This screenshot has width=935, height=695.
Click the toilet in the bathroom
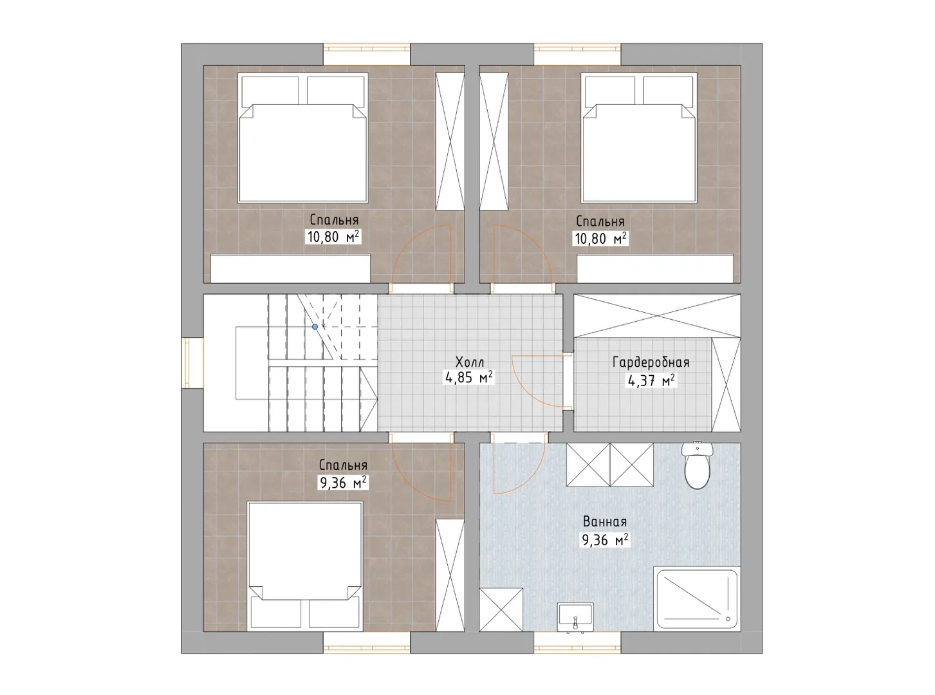698,465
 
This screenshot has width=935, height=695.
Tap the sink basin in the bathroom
575,617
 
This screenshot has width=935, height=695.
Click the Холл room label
470,362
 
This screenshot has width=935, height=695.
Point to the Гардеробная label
651,362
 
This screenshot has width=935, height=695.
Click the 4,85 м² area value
469,378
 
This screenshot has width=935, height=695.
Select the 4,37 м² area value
651,381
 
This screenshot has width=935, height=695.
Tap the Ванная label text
605,522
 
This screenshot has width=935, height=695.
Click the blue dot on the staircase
315,327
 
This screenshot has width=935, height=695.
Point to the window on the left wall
192,363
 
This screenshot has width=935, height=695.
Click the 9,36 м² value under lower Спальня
343,483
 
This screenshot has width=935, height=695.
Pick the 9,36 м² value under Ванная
606,540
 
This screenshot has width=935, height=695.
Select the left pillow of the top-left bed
270,90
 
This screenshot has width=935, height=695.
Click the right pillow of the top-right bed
668,90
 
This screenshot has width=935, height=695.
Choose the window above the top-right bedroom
577,55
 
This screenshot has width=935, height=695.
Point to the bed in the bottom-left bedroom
305,566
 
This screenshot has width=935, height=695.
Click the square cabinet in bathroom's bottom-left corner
501,610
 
